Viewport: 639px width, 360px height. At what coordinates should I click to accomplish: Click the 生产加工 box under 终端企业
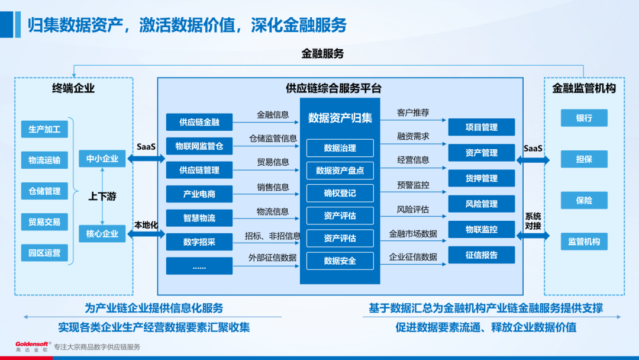coord(44,128)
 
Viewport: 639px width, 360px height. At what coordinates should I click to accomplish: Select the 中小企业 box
coord(102,159)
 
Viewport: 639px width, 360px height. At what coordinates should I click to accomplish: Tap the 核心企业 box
coord(102,233)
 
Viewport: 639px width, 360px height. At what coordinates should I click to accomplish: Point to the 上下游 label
coord(102,196)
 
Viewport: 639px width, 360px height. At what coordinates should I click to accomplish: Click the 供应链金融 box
coord(199,122)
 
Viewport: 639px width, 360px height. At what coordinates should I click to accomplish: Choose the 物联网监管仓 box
coord(199,146)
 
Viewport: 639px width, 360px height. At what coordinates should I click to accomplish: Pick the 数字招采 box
coord(199,242)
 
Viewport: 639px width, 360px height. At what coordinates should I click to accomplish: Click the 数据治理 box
coord(340,147)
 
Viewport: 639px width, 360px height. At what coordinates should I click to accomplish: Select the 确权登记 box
coord(340,193)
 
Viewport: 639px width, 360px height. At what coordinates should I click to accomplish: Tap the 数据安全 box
coord(340,261)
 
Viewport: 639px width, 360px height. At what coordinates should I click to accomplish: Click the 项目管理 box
coord(481,127)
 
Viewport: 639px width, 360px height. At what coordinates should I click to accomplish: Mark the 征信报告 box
coord(481,255)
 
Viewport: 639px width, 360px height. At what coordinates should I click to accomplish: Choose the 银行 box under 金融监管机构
coord(584,118)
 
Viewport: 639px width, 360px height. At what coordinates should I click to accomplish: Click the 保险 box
coord(584,200)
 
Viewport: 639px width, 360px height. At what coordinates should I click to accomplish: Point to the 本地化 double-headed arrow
coord(146,234)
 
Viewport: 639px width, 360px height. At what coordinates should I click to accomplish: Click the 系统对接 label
coord(532,221)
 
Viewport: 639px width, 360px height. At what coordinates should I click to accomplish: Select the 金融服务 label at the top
coord(322,54)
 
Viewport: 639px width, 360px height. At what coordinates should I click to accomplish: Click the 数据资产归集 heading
coord(340,118)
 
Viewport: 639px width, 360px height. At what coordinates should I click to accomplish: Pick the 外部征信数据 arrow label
coord(273,258)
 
